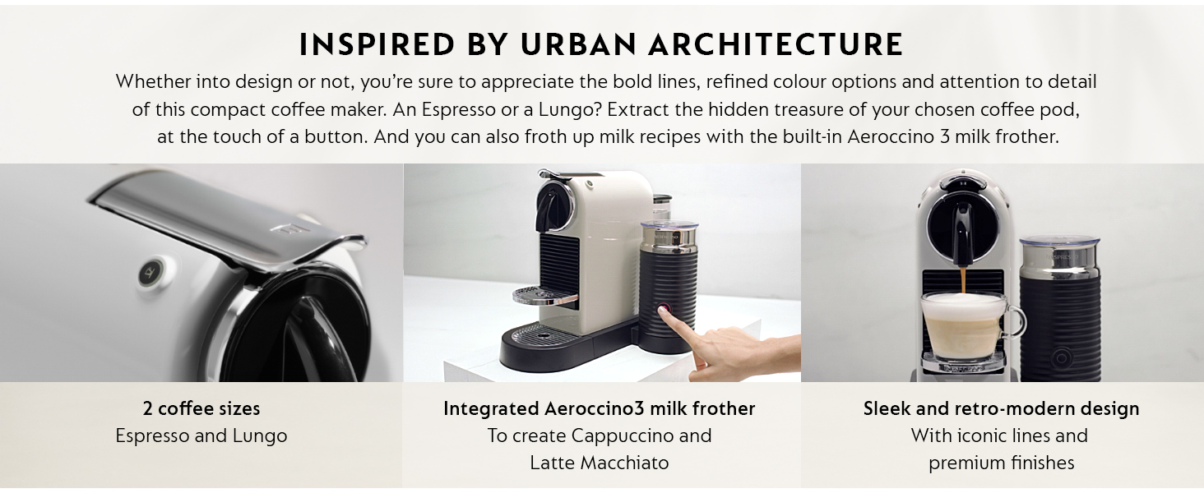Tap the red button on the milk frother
(665, 311)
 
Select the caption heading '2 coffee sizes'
(201, 408)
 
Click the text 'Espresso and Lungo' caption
(201, 435)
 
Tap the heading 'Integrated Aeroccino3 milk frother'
(599, 408)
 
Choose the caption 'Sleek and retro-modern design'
(1001, 408)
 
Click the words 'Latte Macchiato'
(599, 463)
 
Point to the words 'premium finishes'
(1001, 463)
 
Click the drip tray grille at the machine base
(540, 332)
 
